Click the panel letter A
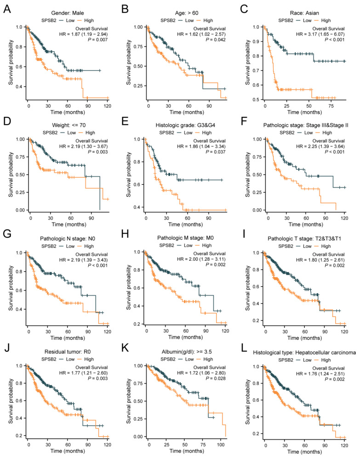click(7, 9)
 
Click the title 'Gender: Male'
click(68, 13)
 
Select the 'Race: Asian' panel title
click(304, 13)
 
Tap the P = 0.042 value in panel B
click(216, 40)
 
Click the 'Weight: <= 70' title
click(69, 126)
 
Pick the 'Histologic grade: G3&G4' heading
click(185, 126)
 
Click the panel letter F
click(244, 121)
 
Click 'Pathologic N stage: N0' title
click(68, 239)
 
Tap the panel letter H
click(125, 234)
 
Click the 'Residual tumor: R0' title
click(68, 352)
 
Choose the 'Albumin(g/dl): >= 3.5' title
click(187, 352)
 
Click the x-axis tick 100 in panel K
click(221, 445)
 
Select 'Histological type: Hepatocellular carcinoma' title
click(304, 353)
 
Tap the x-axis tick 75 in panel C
click(331, 106)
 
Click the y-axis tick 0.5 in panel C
click(256, 100)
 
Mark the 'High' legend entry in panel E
click(207, 132)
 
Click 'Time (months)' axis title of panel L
click(304, 452)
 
